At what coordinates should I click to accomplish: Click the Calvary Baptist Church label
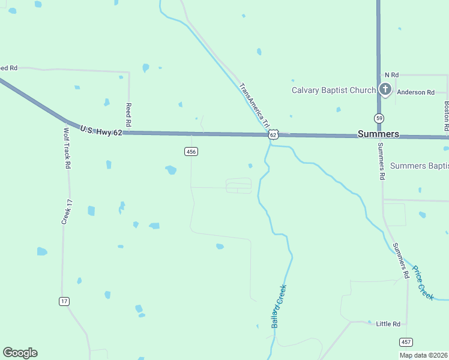(x=333, y=91)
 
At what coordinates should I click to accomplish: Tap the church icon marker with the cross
(x=385, y=91)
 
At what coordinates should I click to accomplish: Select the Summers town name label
(x=378, y=134)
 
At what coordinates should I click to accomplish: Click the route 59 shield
(x=379, y=118)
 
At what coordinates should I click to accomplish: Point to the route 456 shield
(x=191, y=152)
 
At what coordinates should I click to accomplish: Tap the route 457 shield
(x=406, y=342)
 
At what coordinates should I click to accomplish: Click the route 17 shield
(x=64, y=301)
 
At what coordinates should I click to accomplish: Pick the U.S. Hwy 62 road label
(x=101, y=130)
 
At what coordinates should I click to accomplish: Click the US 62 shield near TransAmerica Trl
(x=273, y=135)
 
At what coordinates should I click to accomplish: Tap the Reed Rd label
(x=128, y=110)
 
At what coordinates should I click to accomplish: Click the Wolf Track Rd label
(x=68, y=148)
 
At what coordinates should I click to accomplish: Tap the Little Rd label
(x=388, y=324)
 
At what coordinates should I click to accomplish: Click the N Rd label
(x=391, y=74)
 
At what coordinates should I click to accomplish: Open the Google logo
(x=20, y=353)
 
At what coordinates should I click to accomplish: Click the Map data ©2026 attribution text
(x=423, y=355)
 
